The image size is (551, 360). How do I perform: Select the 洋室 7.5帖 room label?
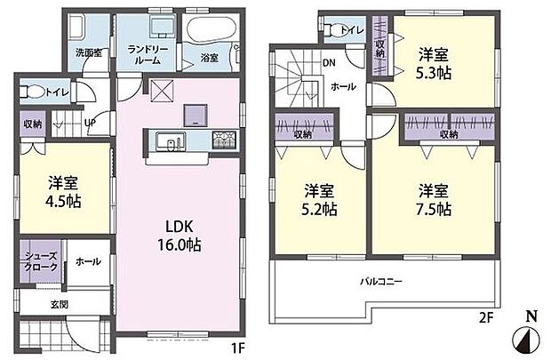[430, 200]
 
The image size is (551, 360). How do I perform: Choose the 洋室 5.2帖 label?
[319, 200]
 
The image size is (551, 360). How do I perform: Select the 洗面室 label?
[88, 52]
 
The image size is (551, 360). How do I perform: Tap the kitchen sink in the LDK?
[167, 140]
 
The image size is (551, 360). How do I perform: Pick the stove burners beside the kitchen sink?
[220, 140]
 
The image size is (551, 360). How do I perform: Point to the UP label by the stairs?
[90, 124]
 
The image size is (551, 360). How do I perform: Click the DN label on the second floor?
[328, 62]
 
